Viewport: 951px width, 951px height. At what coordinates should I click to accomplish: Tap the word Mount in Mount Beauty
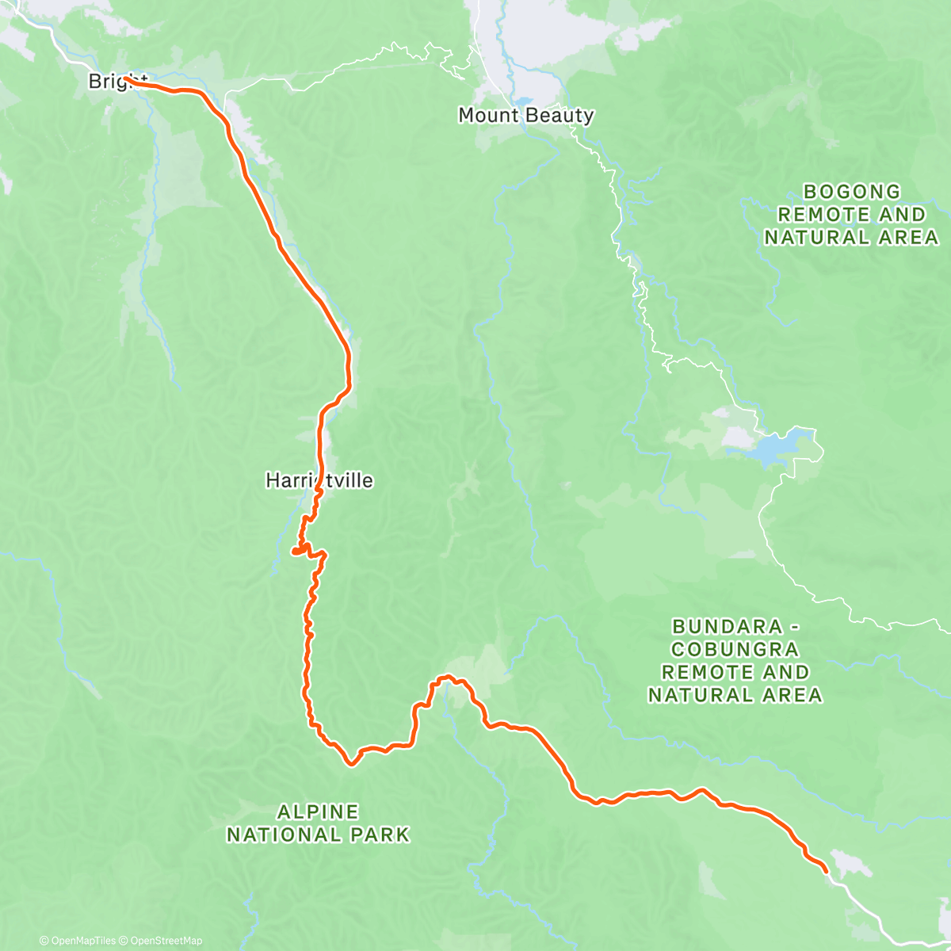tap(488, 116)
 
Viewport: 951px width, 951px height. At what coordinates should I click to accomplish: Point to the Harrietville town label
tap(319, 480)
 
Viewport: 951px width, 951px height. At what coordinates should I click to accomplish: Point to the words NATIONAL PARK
tap(318, 835)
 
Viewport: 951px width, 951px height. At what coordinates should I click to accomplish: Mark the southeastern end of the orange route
tap(827, 872)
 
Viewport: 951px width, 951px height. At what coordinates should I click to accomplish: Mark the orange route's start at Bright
tap(127, 79)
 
